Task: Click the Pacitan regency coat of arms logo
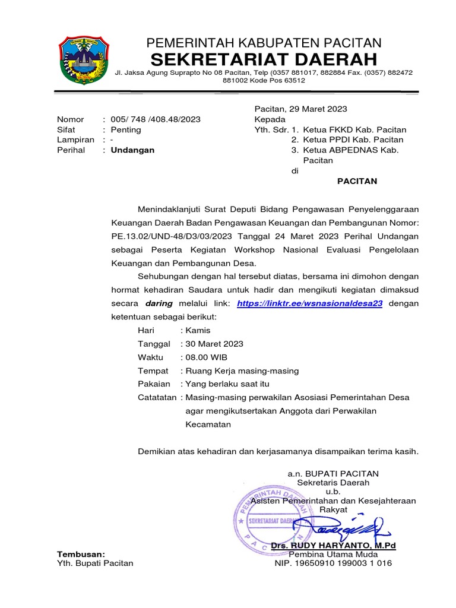pos(84,60)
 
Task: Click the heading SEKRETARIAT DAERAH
pos(264,59)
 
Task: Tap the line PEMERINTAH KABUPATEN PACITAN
pos(264,42)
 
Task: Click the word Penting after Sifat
pos(126,129)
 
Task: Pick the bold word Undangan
pos(132,150)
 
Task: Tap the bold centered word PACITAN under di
pos(357,181)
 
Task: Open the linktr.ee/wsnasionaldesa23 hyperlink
pos(309,303)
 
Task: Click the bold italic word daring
pos(159,303)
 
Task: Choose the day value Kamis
pos(198,330)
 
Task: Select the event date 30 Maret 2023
pos(214,344)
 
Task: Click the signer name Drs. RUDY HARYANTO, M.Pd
pos(332,545)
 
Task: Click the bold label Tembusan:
pos(81,553)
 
